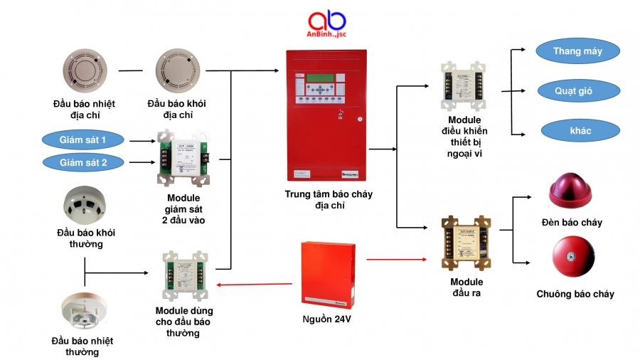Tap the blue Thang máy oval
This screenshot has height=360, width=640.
(577, 51)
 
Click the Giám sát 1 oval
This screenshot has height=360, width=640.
(83, 140)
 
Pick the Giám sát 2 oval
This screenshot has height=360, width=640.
(83, 162)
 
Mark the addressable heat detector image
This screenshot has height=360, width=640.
(84, 71)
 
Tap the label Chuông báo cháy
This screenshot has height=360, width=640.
(575, 294)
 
